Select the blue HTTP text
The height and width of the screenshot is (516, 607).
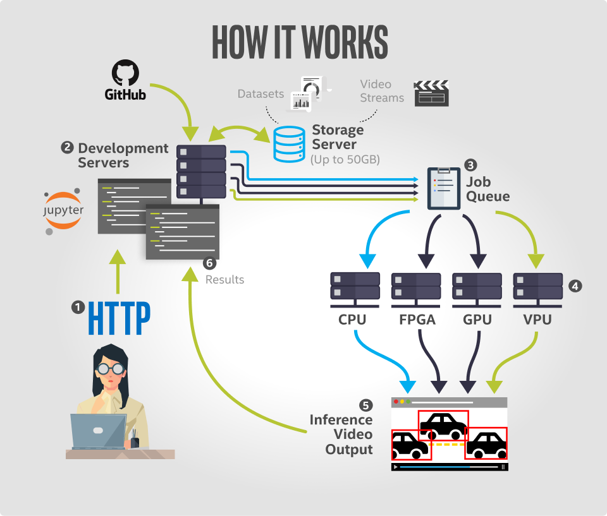click(x=119, y=319)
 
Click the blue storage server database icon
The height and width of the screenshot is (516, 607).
click(x=289, y=144)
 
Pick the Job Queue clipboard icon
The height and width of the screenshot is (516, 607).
click(x=443, y=188)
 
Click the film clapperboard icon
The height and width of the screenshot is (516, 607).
click(x=431, y=93)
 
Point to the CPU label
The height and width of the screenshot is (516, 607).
click(x=352, y=320)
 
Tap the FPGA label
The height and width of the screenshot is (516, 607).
click(x=417, y=320)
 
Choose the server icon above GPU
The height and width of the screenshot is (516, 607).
click(x=477, y=286)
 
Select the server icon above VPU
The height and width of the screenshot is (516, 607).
click(x=538, y=286)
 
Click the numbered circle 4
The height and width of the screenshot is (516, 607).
click(x=575, y=285)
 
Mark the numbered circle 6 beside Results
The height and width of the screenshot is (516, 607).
click(x=210, y=263)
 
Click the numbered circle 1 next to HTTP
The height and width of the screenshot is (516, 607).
click(x=78, y=308)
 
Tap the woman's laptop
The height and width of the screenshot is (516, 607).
click(x=98, y=431)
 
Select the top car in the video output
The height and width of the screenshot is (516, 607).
click(x=443, y=425)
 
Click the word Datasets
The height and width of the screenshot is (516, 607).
click(x=261, y=94)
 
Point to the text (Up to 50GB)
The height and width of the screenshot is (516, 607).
click(x=345, y=160)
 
